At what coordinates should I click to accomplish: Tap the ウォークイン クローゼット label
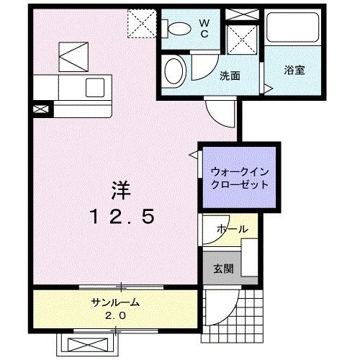click(239, 178)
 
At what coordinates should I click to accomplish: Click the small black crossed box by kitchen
click(41, 109)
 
